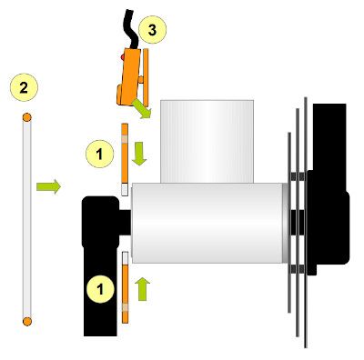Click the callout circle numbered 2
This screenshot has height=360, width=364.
point(24,87)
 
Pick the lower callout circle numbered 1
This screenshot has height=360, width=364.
point(99,290)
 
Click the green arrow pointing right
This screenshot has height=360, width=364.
point(49,187)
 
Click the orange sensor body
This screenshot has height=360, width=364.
point(130,77)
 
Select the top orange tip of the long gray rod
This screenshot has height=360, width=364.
point(27,117)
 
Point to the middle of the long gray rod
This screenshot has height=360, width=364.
point(27,218)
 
